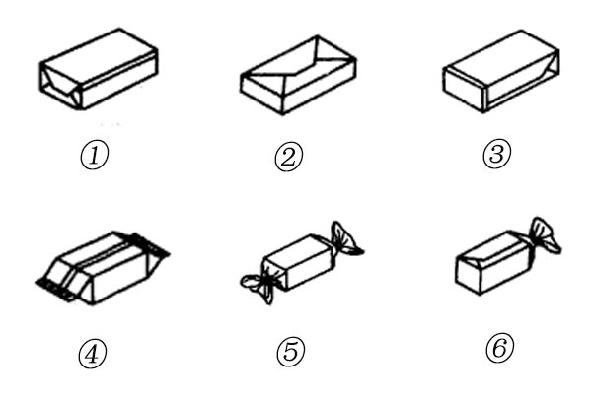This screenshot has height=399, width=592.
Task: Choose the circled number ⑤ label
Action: tap(293, 352)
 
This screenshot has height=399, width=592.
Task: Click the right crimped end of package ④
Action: tap(153, 246)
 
